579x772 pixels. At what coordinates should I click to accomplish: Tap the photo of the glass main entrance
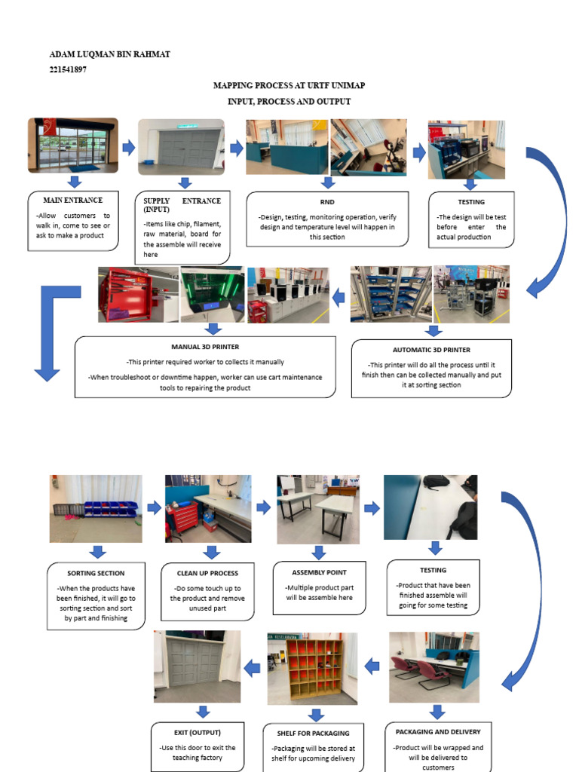coord(73,146)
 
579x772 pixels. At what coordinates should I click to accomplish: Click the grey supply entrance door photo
coord(182,146)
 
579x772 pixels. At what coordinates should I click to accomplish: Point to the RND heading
coord(327,202)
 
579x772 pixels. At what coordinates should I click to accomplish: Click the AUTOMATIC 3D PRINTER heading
coord(431,350)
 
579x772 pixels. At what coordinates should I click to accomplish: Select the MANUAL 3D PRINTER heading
coord(205,348)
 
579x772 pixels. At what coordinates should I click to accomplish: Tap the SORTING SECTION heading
coord(96,573)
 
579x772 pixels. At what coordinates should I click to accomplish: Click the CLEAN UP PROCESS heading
coord(207,573)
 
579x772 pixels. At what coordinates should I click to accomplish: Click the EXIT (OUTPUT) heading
coord(198,732)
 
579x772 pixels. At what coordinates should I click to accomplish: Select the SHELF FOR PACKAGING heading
coord(317,733)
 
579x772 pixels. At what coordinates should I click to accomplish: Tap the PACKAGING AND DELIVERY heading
coord(437,731)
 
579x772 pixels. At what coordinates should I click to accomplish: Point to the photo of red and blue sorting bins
coord(96,508)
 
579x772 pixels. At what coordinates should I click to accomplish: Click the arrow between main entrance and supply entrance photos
coord(128,147)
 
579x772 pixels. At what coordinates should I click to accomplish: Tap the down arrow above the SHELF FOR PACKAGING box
coord(316,715)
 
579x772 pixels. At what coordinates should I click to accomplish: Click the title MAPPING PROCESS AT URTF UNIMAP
coord(289,86)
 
